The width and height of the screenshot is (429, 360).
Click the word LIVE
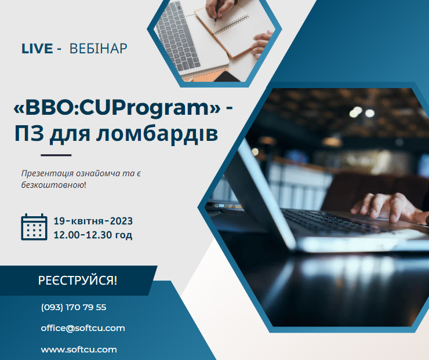click(x=37, y=49)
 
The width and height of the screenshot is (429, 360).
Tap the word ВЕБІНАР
click(x=99, y=49)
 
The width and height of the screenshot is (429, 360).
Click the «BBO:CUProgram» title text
click(x=117, y=107)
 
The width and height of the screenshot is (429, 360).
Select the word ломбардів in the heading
click(x=157, y=133)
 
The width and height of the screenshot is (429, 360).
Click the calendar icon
click(x=34, y=227)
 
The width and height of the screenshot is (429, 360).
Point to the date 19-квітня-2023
click(x=93, y=221)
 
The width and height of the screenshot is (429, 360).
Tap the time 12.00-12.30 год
click(x=93, y=235)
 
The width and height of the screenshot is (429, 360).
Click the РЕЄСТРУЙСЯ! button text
click(x=78, y=281)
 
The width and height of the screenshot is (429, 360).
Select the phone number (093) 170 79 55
click(x=74, y=307)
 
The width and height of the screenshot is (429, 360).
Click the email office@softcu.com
click(x=83, y=328)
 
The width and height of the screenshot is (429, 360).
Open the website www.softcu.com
click(x=79, y=350)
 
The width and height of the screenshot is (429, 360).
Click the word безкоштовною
click(x=53, y=185)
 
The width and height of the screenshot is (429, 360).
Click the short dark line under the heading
click(x=56, y=155)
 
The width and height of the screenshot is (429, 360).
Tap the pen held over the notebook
click(x=217, y=12)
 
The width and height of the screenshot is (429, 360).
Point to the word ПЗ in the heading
click(x=29, y=133)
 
